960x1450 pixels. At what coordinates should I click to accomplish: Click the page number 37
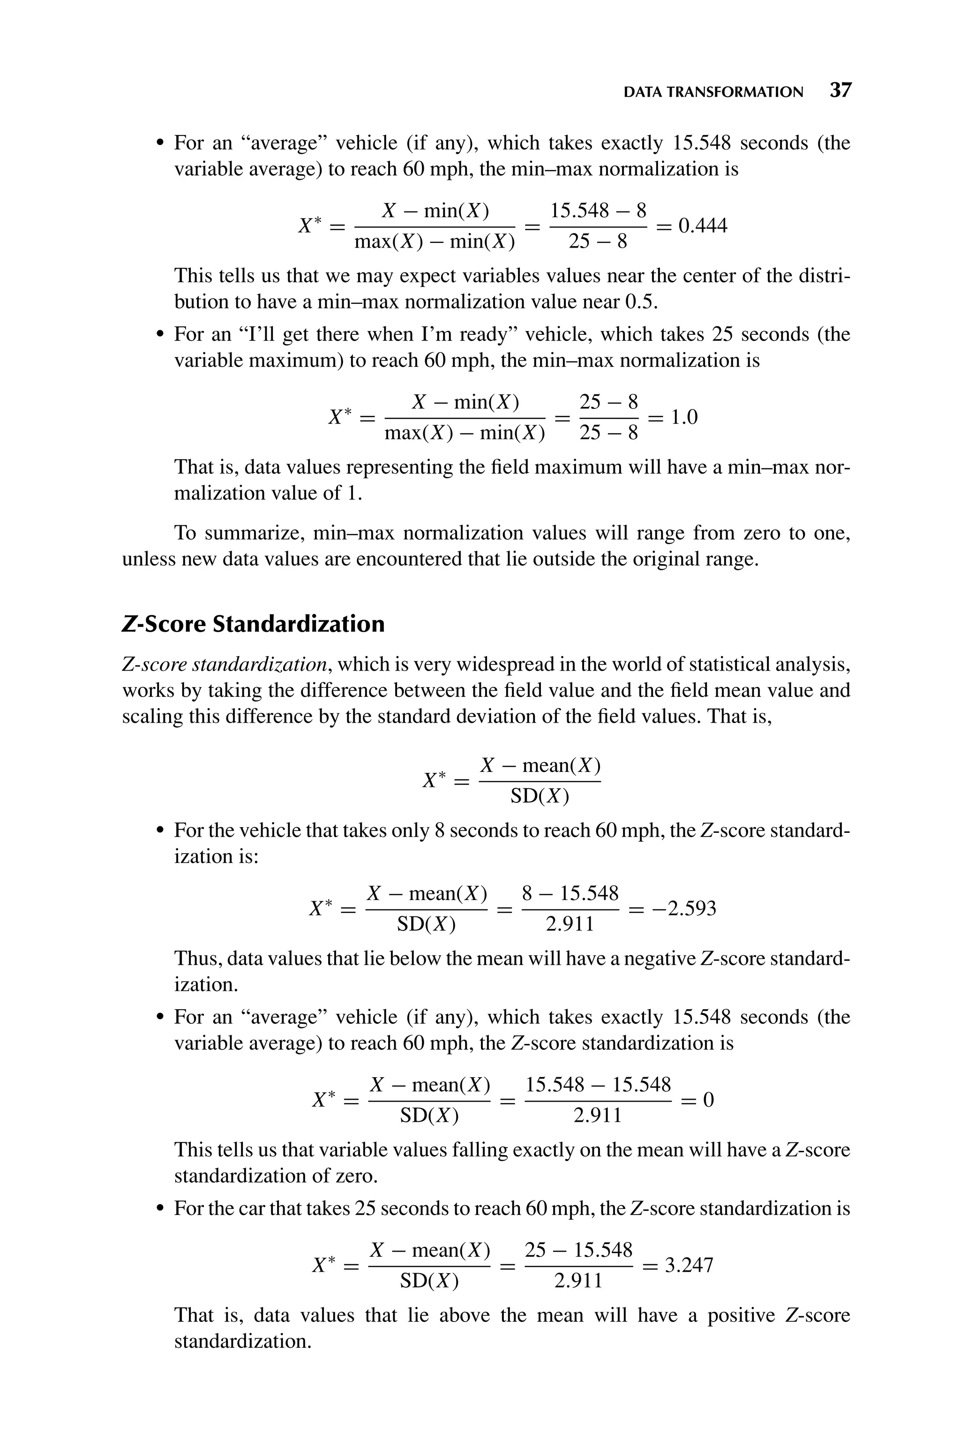click(x=840, y=91)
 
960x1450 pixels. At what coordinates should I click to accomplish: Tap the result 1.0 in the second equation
click(x=684, y=418)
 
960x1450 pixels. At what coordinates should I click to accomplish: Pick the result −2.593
click(x=684, y=908)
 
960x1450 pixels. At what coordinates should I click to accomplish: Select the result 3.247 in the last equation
click(x=690, y=1265)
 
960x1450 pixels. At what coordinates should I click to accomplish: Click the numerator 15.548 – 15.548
click(x=598, y=1084)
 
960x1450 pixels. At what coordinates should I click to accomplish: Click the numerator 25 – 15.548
click(x=578, y=1249)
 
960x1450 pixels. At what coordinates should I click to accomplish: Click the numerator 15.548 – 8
click(x=598, y=211)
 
